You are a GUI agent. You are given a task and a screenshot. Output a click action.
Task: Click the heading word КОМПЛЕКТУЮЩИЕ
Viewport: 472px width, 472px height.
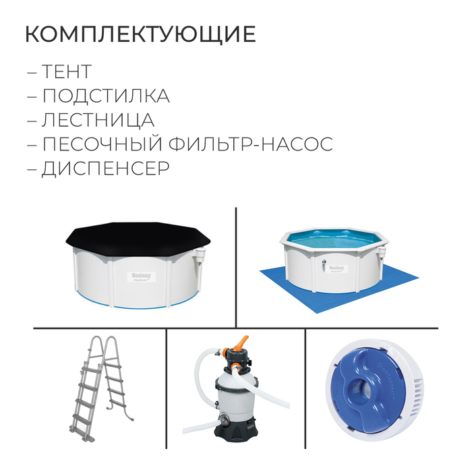click(140, 34)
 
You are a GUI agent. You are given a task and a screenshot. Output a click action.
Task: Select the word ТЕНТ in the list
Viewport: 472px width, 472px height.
click(65, 71)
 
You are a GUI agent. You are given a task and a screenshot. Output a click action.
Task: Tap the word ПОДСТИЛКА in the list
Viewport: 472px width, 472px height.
click(105, 96)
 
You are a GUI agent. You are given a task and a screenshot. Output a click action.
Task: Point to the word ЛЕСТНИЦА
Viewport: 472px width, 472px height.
click(98, 120)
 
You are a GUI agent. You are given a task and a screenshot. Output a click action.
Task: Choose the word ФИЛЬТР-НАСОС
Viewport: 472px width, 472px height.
click(257, 144)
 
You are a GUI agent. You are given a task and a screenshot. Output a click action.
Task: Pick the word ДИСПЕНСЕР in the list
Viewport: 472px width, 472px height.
click(105, 169)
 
